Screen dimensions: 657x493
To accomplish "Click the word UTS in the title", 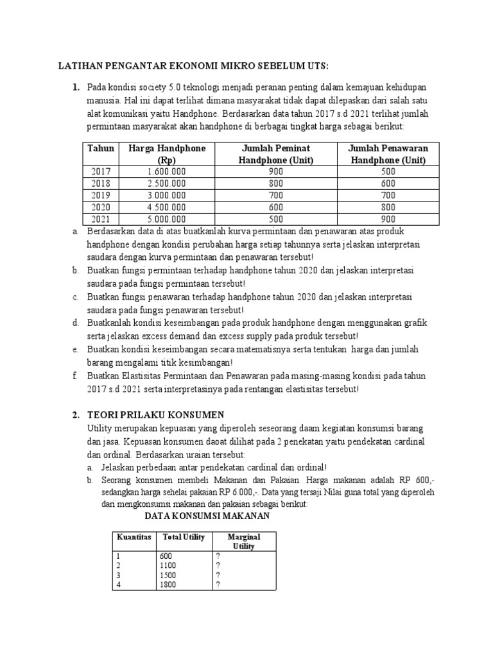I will point(315,66).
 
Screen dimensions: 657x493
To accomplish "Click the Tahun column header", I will point(101,148).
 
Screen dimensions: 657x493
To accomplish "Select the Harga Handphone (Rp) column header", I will point(167,154).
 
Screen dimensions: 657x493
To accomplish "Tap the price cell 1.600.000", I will point(167,172).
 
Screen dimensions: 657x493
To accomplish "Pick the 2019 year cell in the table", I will point(101,195).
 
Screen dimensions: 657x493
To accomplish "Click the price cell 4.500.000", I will point(167,207).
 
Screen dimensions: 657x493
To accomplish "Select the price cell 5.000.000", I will point(167,218).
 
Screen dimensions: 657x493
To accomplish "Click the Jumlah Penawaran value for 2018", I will point(387,183).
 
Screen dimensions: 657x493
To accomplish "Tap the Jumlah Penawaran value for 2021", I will point(387,218).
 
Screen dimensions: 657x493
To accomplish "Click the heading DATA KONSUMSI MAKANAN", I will point(207,516).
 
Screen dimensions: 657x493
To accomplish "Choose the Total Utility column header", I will point(184,536).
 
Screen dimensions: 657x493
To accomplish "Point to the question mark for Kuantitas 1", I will point(219,556).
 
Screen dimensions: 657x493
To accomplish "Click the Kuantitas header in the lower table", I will point(133,536).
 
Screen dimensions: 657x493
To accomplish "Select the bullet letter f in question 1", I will point(75,376).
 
